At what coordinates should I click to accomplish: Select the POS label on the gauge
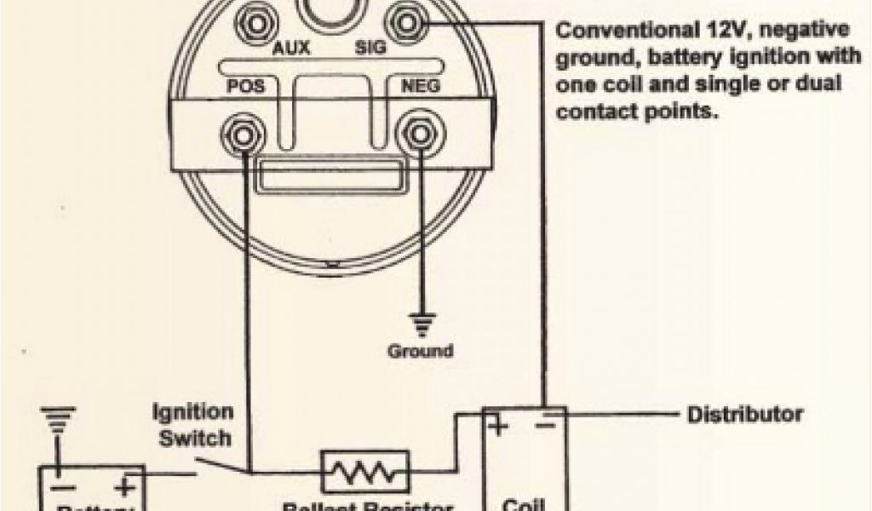click(245, 86)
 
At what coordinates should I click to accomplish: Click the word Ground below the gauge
click(420, 350)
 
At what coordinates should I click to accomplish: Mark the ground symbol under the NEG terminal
click(420, 322)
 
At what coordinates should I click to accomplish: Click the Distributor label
click(744, 415)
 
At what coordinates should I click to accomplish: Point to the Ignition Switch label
click(192, 425)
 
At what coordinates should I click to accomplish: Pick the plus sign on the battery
click(124, 488)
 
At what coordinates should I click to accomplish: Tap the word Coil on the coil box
click(524, 502)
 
